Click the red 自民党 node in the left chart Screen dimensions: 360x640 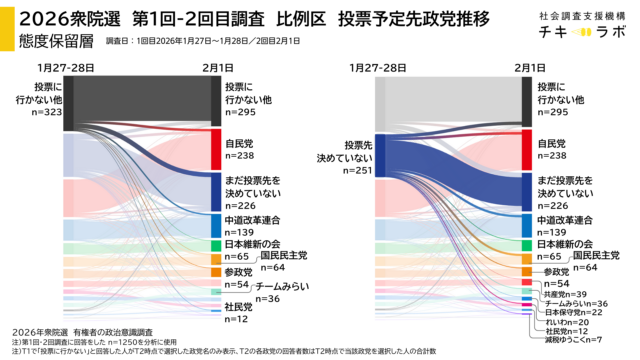[x=215, y=148]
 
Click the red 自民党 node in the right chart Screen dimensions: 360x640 [x=526, y=148]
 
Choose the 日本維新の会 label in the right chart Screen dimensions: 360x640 [x=567, y=244]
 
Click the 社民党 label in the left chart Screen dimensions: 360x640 [x=238, y=307]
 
